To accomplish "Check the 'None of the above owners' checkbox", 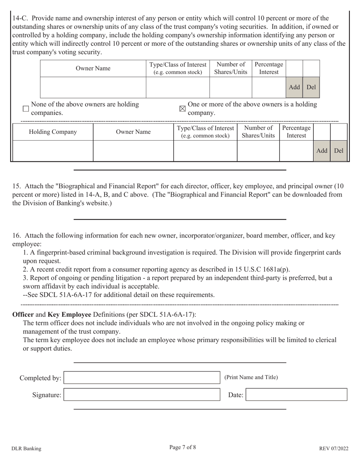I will click(26, 109).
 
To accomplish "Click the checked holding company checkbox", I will click(182, 109).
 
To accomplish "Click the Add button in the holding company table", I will click(321, 151).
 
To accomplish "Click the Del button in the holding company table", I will click(339, 151).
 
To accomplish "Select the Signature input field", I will click(142, 395).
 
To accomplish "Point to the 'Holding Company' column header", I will click(53, 132).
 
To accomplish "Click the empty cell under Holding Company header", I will click(53, 151).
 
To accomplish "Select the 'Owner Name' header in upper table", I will click(93, 69).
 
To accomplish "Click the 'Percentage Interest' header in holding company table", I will click(296, 132).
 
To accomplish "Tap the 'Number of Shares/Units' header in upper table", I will click(230, 69).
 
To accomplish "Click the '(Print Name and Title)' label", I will click(251, 377).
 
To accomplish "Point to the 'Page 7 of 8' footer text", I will click(183, 447).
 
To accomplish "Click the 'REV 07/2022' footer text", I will click(333, 449).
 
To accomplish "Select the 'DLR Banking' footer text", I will click(27, 449).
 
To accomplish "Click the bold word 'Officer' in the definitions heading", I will click(23, 314).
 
